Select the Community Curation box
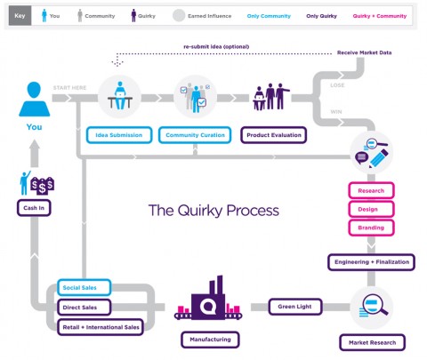click(x=192, y=136)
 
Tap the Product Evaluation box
click(x=272, y=136)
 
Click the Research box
click(x=371, y=191)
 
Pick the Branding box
click(x=371, y=227)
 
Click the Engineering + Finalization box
click(x=371, y=262)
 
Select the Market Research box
click(x=372, y=342)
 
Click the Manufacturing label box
click(x=210, y=340)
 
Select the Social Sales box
click(x=83, y=288)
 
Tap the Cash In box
click(x=34, y=208)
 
